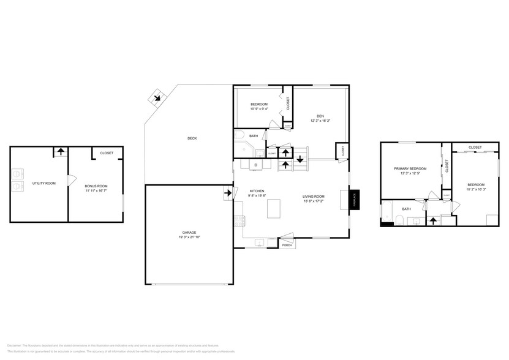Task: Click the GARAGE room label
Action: pyautogui.click(x=189, y=232)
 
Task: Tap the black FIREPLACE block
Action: pyautogui.click(x=353, y=200)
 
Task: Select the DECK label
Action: pyautogui.click(x=192, y=138)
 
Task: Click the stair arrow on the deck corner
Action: pyautogui.click(x=158, y=97)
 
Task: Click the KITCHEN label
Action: pyautogui.click(x=257, y=191)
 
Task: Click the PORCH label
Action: pyautogui.click(x=287, y=245)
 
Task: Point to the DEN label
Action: pyautogui.click(x=320, y=116)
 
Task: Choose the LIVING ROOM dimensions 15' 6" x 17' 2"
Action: pyautogui.click(x=314, y=201)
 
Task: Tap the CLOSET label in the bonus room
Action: pyautogui.click(x=107, y=152)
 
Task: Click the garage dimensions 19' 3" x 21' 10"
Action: pyautogui.click(x=189, y=237)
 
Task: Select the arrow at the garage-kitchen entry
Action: pyautogui.click(x=228, y=193)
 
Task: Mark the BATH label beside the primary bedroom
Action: pyautogui.click(x=406, y=209)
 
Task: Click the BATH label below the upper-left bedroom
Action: pyautogui.click(x=254, y=136)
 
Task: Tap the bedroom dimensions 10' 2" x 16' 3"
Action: pyautogui.click(x=476, y=189)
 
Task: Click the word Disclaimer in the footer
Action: pyautogui.click(x=14, y=346)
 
